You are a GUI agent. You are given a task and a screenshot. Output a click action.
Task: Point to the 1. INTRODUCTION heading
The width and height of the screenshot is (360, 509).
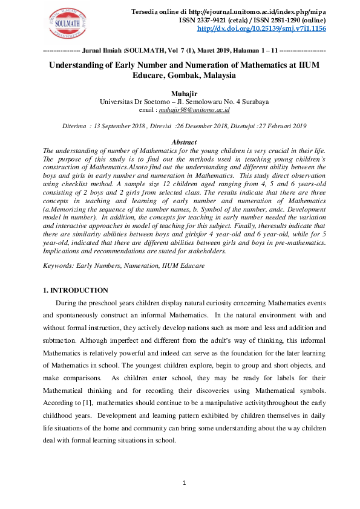(76, 290)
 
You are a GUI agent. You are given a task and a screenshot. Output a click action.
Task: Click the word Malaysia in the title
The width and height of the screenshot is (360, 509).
(214, 76)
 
